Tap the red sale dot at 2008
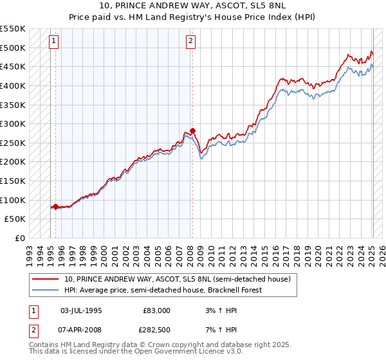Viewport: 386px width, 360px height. (x=192, y=130)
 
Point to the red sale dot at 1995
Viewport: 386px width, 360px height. (x=55, y=206)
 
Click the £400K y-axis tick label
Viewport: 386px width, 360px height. (x=13, y=85)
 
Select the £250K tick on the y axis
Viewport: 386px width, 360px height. (x=13, y=143)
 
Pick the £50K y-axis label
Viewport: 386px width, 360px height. (x=15, y=219)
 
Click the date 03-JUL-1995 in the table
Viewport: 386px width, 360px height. (x=80, y=310)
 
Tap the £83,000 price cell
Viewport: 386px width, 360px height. (x=156, y=310)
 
